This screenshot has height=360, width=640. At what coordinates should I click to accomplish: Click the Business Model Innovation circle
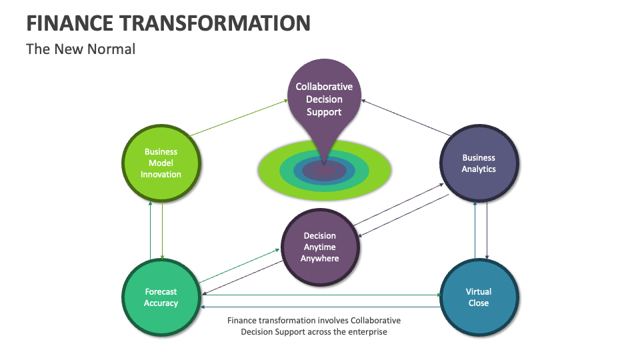pyautogui.click(x=161, y=163)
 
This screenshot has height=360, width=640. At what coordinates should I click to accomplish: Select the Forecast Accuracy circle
pyautogui.click(x=161, y=297)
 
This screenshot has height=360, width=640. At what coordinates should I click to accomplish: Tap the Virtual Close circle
pyautogui.click(x=478, y=297)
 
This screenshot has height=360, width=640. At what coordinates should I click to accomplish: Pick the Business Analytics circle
pyautogui.click(x=479, y=163)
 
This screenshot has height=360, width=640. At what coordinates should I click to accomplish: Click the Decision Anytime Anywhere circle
pyautogui.click(x=320, y=247)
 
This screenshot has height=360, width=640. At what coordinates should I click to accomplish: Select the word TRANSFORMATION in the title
pyautogui.click(x=213, y=23)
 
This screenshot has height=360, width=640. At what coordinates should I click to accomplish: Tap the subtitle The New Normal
pyautogui.click(x=81, y=49)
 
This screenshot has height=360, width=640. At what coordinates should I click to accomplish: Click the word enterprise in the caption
pyautogui.click(x=365, y=331)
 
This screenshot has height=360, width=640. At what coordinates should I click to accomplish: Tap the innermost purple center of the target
pyautogui.click(x=325, y=171)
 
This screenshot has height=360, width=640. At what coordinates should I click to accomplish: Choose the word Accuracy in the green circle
pyautogui.click(x=161, y=303)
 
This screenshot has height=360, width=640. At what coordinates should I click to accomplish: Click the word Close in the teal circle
pyautogui.click(x=478, y=303)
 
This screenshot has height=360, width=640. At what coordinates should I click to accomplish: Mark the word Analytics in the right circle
pyautogui.click(x=479, y=169)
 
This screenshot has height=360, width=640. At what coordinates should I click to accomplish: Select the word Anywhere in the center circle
pyautogui.click(x=320, y=259)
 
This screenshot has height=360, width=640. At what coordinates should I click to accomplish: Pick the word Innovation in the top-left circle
pyautogui.click(x=161, y=175)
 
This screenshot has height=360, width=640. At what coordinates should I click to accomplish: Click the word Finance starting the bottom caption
pyautogui.click(x=242, y=321)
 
